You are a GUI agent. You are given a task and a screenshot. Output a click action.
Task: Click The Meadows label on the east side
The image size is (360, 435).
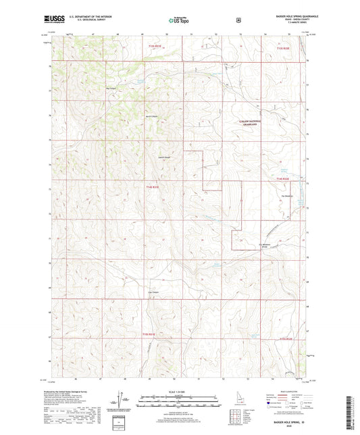pyautogui.click(x=288, y=197)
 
